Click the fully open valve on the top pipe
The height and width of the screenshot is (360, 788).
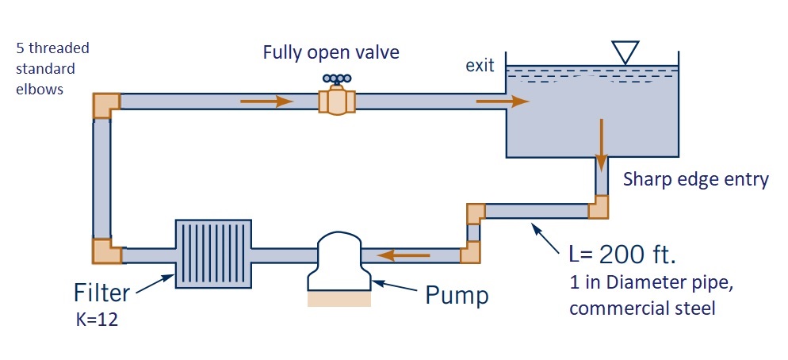point(336,102)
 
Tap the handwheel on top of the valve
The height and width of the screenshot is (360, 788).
point(336,79)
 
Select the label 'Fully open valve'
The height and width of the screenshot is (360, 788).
point(331,53)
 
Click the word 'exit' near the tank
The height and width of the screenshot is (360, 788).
point(480,67)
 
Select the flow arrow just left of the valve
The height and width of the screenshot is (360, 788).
point(266,101)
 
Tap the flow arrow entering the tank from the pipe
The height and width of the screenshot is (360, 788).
point(502,101)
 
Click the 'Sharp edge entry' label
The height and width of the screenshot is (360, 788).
point(695,179)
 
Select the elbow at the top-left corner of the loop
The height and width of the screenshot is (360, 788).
point(105,105)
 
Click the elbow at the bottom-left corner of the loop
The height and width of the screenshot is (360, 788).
point(105,251)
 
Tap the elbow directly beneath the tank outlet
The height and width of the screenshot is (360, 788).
point(599,207)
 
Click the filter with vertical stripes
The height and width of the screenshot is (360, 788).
point(212,254)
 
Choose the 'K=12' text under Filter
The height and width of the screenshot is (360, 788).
point(95,320)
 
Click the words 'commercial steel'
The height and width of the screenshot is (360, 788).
point(642,308)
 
